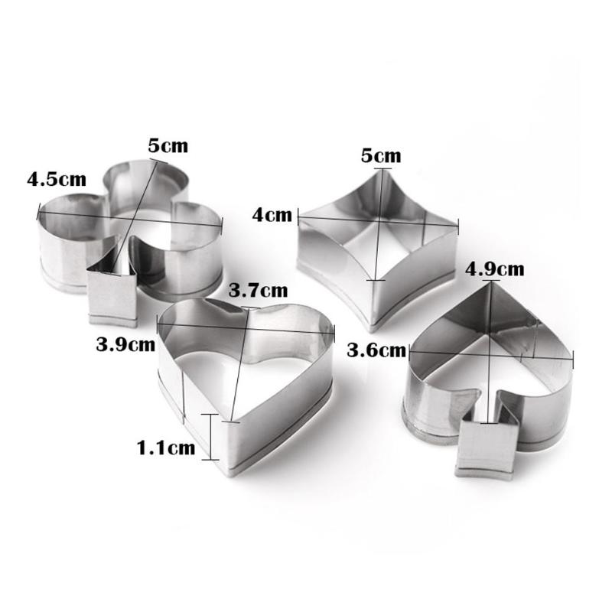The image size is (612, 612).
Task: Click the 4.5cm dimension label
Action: [57, 181]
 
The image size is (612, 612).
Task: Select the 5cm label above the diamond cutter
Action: [380, 156]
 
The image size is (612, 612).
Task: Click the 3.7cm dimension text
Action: [258, 290]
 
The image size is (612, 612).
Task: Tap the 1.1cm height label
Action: [165, 448]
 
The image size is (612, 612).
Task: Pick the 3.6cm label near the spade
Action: [376, 350]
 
